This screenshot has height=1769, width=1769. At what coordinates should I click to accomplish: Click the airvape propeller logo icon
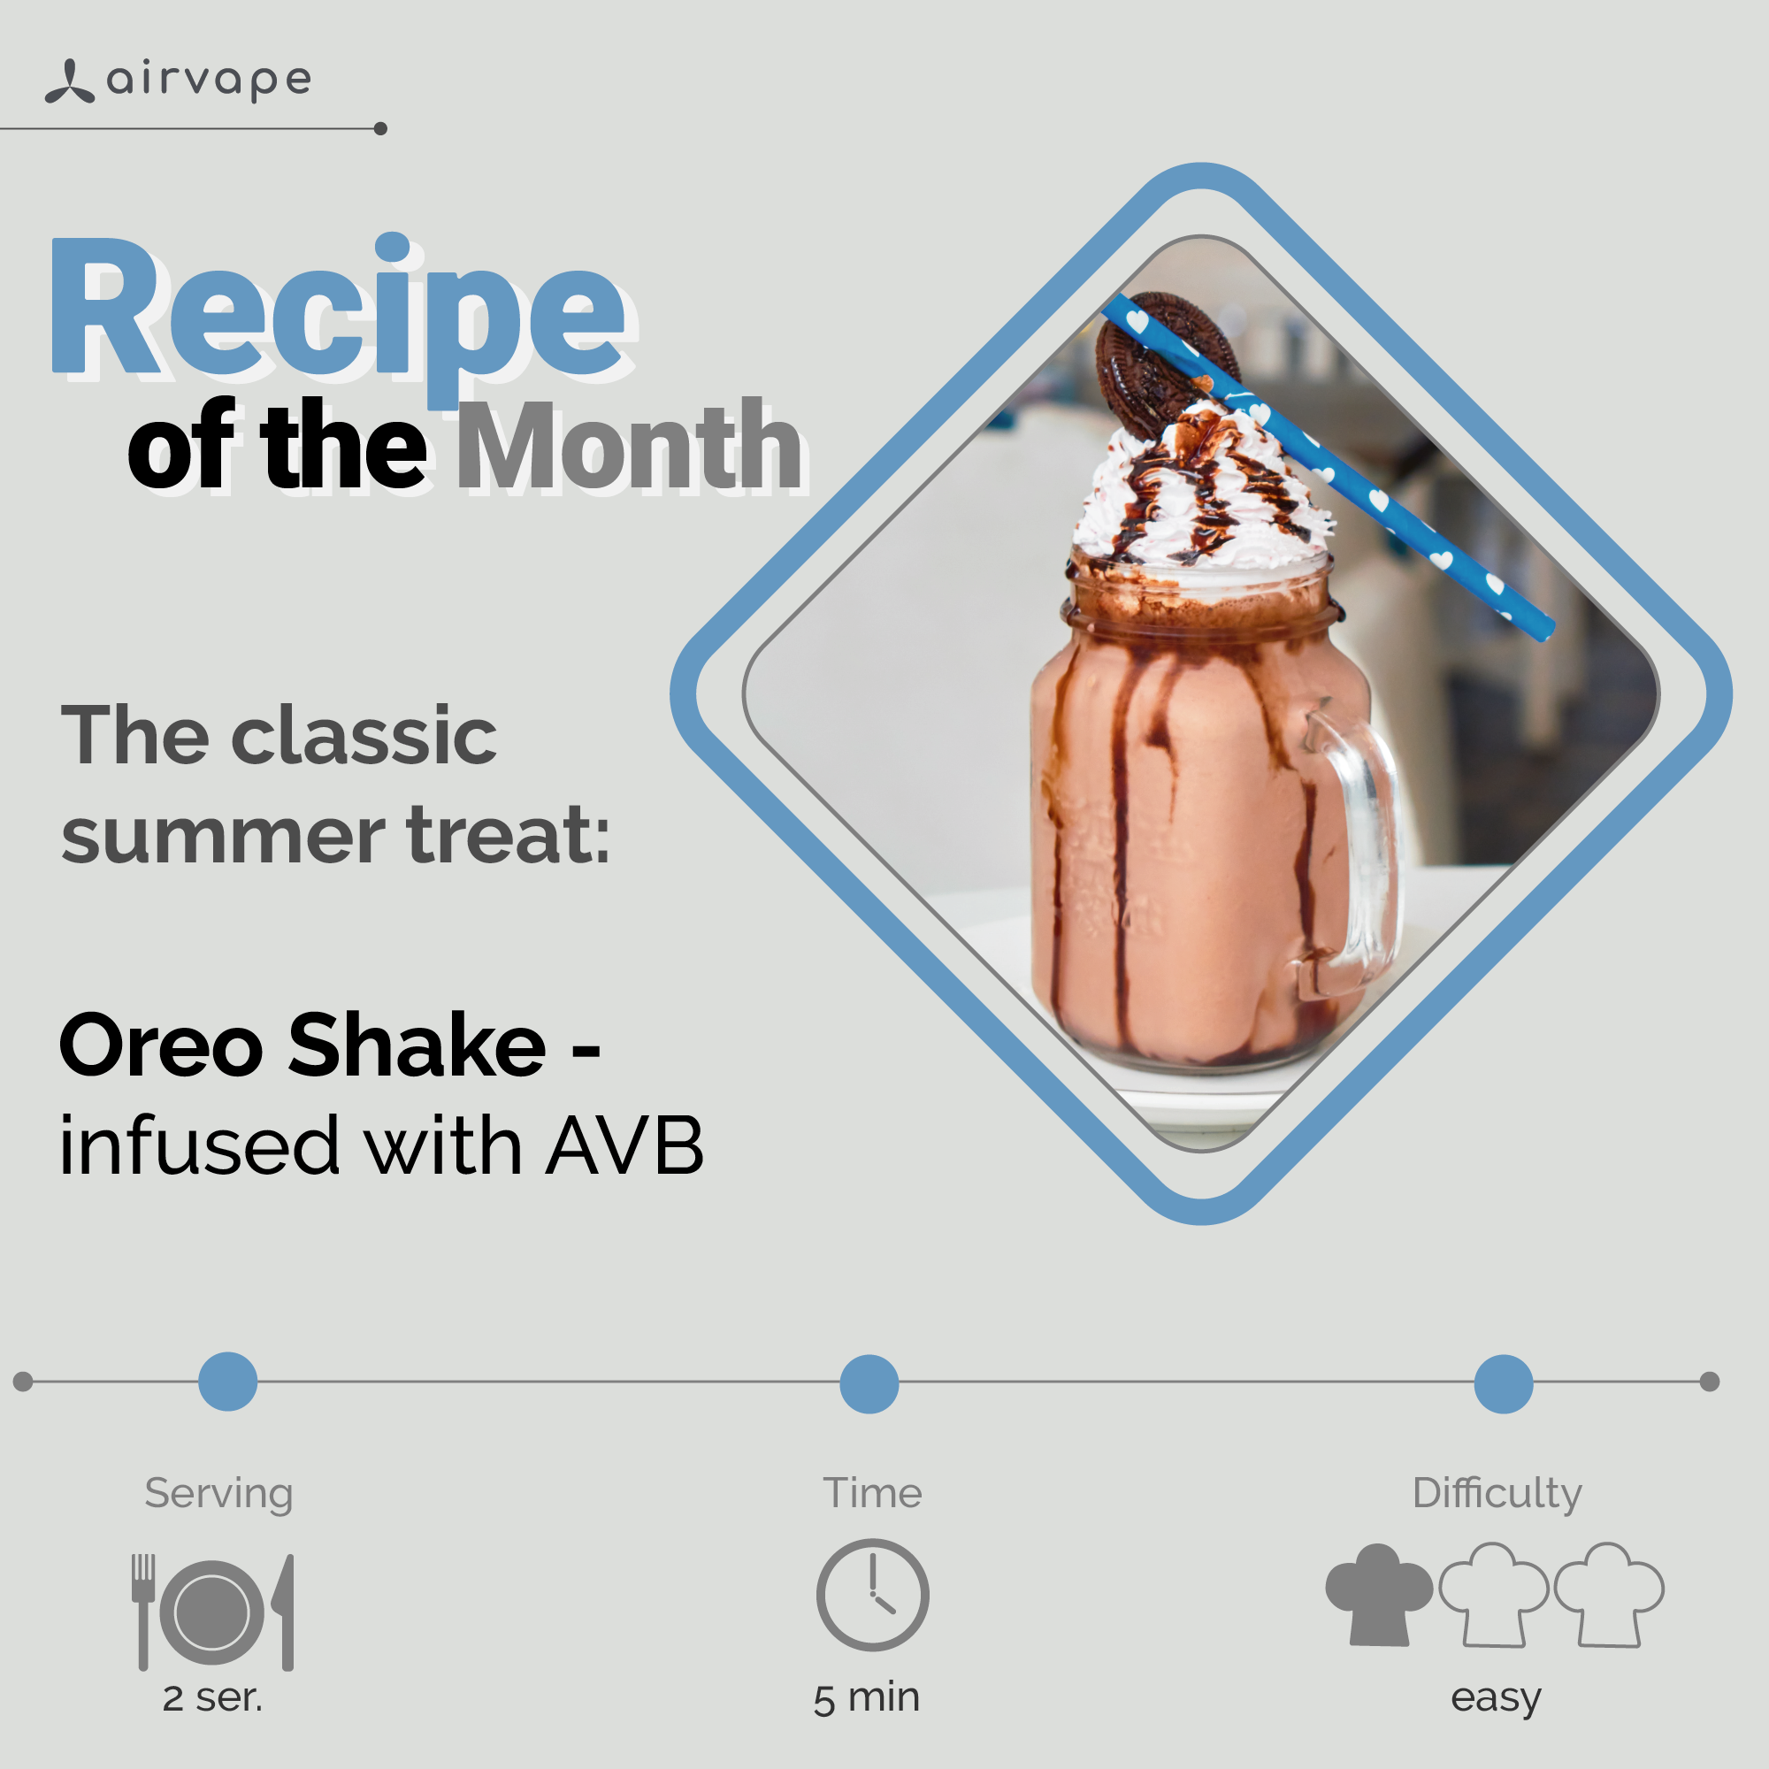(x=70, y=81)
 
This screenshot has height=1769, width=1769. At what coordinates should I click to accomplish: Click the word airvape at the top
(x=210, y=80)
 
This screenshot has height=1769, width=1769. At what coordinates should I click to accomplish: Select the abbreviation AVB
(x=624, y=1145)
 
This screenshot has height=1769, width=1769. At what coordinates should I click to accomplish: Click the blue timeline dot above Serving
(x=228, y=1381)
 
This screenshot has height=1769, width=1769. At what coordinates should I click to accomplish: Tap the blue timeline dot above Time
(x=869, y=1383)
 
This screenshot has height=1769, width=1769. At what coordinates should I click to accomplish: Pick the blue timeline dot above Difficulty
(x=1504, y=1383)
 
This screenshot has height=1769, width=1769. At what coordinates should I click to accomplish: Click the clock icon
(x=873, y=1595)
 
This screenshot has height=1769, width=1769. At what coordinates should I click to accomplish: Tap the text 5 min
(x=866, y=1698)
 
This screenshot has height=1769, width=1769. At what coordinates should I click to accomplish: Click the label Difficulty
(x=1497, y=1492)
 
